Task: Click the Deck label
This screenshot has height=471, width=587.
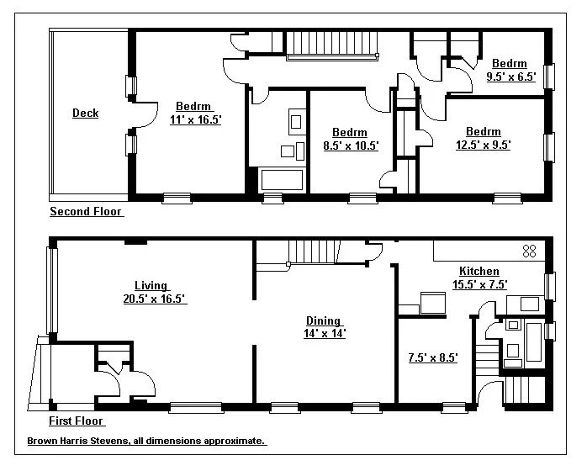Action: (85, 114)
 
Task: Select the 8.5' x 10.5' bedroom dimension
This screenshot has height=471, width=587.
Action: (351, 146)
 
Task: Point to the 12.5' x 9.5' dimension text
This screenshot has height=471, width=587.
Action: (483, 145)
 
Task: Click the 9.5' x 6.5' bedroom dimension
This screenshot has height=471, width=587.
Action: (510, 77)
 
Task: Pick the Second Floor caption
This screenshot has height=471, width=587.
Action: (86, 212)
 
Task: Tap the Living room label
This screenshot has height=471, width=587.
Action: (151, 286)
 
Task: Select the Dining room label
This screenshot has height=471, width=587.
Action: (323, 320)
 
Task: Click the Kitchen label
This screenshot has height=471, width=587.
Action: (479, 272)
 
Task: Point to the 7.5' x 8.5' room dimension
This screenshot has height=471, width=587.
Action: (432, 357)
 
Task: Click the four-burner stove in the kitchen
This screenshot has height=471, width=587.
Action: (530, 250)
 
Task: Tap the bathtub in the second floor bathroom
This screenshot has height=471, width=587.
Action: (283, 179)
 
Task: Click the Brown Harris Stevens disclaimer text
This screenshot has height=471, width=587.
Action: (146, 441)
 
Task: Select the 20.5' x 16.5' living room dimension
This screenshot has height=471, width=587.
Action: (154, 299)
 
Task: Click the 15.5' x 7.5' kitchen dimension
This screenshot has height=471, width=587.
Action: (479, 284)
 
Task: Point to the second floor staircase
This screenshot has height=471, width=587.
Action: (332, 44)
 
